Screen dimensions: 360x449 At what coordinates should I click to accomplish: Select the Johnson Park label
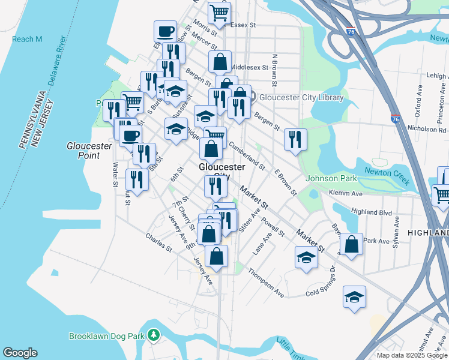click(x=331, y=178)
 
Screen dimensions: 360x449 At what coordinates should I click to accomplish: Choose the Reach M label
click(x=27, y=40)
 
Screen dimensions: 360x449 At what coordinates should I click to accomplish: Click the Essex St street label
click(x=245, y=26)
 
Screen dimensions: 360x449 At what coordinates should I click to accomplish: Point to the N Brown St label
click(x=276, y=70)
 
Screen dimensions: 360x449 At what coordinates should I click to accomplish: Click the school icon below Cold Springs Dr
click(x=354, y=297)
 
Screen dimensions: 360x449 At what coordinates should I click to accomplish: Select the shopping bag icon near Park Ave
click(x=351, y=244)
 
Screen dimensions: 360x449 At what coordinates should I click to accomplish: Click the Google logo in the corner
click(x=20, y=353)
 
